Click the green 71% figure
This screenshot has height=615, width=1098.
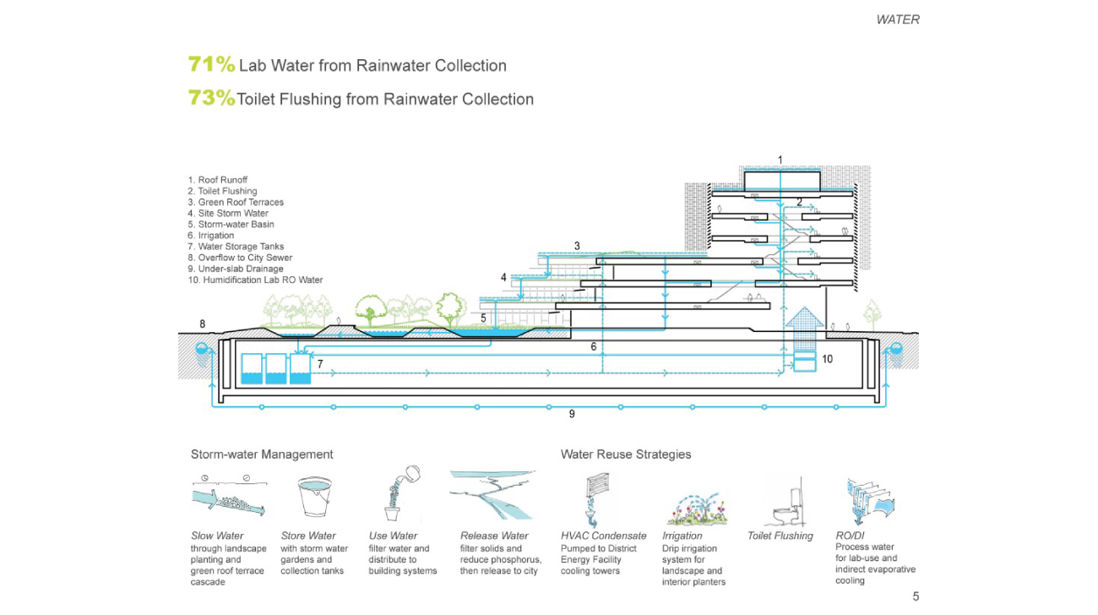tap(211, 65)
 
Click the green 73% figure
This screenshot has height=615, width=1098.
tap(211, 99)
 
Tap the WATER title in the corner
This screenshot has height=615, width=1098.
tap(897, 19)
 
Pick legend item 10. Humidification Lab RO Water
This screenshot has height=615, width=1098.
tap(255, 280)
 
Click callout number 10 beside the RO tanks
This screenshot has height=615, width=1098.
tap(827, 359)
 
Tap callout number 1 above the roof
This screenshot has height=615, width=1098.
tap(780, 160)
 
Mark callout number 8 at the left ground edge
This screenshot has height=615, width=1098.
tap(203, 324)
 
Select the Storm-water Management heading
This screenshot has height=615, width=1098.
tap(262, 454)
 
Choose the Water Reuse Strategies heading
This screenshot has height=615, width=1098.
tap(626, 454)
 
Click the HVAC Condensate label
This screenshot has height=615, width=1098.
tap(603, 536)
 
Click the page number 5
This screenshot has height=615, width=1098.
tap(916, 597)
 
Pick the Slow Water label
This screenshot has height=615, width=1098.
tap(217, 536)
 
